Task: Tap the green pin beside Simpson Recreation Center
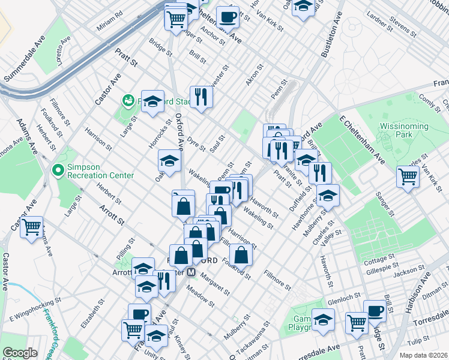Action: [58, 170]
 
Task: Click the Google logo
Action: [20, 353]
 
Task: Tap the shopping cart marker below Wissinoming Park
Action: [408, 177]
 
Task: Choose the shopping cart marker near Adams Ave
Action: [31, 227]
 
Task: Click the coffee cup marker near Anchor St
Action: [228, 17]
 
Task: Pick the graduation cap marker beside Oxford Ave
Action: [169, 160]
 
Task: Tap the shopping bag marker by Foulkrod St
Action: [241, 254]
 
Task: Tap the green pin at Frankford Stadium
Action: [127, 100]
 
